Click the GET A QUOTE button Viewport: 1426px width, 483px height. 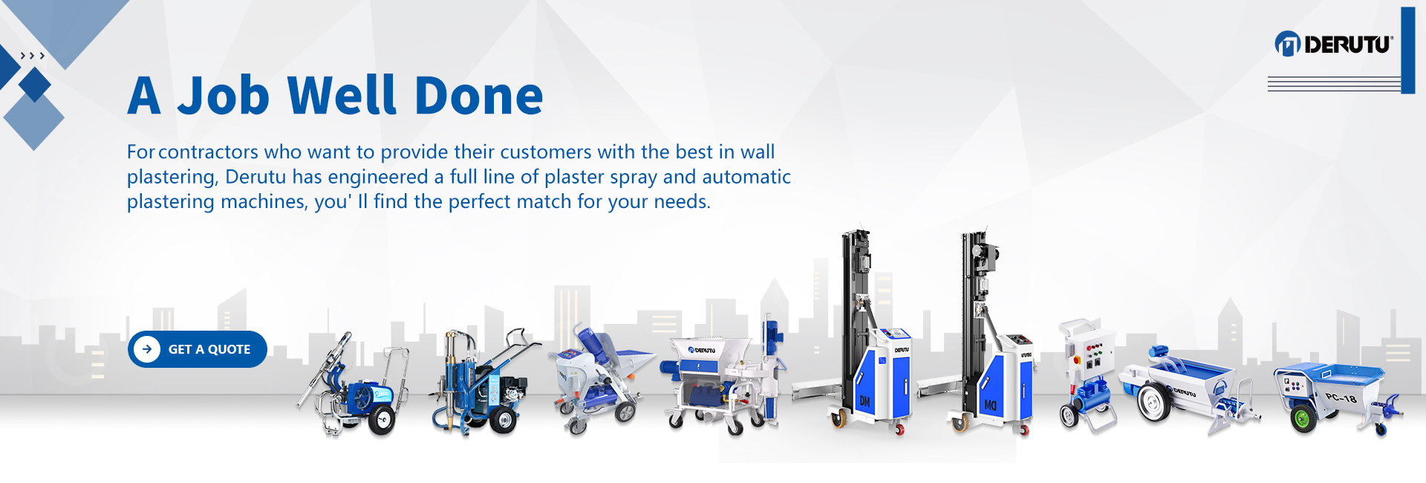tap(198, 349)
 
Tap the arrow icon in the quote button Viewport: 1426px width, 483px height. tap(147, 349)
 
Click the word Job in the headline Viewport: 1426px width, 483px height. tap(224, 97)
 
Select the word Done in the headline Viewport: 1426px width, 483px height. tap(479, 96)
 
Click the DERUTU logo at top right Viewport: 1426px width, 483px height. tap(1334, 45)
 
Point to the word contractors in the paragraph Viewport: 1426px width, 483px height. tap(209, 152)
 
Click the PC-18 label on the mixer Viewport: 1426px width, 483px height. tap(1341, 398)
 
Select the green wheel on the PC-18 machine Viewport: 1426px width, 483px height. tap(1303, 418)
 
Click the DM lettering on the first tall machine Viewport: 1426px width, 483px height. tap(865, 401)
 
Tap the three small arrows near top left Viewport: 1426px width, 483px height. tap(33, 56)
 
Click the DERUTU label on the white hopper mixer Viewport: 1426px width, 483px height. tap(702, 349)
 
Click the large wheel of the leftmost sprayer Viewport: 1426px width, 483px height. tap(382, 421)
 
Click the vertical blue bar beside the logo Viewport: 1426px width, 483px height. tap(1408, 51)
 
